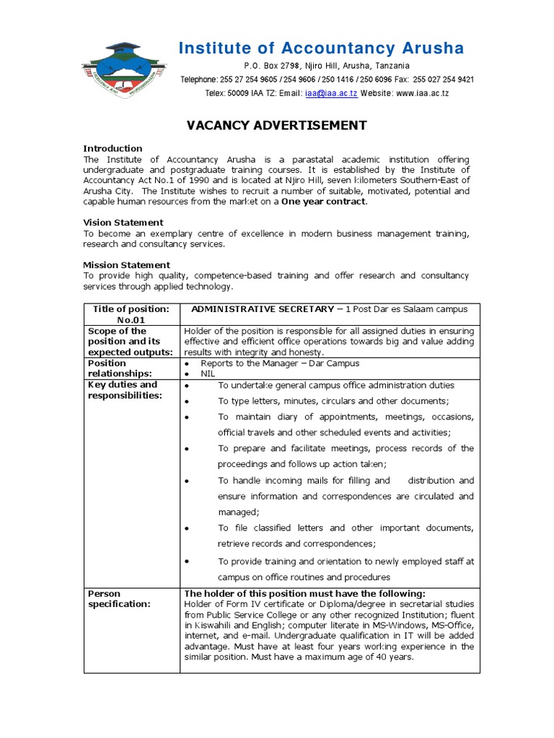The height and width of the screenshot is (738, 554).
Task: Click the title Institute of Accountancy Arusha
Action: tap(322, 48)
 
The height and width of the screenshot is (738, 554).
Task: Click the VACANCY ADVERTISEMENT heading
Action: tap(277, 125)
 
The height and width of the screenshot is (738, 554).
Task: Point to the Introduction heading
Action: tap(113, 148)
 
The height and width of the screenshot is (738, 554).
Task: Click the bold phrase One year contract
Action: tap(324, 202)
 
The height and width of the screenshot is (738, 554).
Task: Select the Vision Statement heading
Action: tap(123, 223)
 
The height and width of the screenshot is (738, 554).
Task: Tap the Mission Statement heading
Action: tap(126, 265)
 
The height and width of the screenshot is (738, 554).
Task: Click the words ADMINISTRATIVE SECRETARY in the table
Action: tap(263, 309)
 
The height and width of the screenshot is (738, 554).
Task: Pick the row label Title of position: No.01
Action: tap(131, 314)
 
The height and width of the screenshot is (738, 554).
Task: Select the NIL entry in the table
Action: tap(208, 374)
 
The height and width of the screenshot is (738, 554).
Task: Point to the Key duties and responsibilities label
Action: tap(123, 390)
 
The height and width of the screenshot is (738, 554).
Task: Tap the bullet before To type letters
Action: tap(187, 402)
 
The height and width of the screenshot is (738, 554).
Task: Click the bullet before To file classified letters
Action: tap(187, 529)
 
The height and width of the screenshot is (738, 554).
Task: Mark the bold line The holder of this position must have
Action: tap(304, 593)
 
